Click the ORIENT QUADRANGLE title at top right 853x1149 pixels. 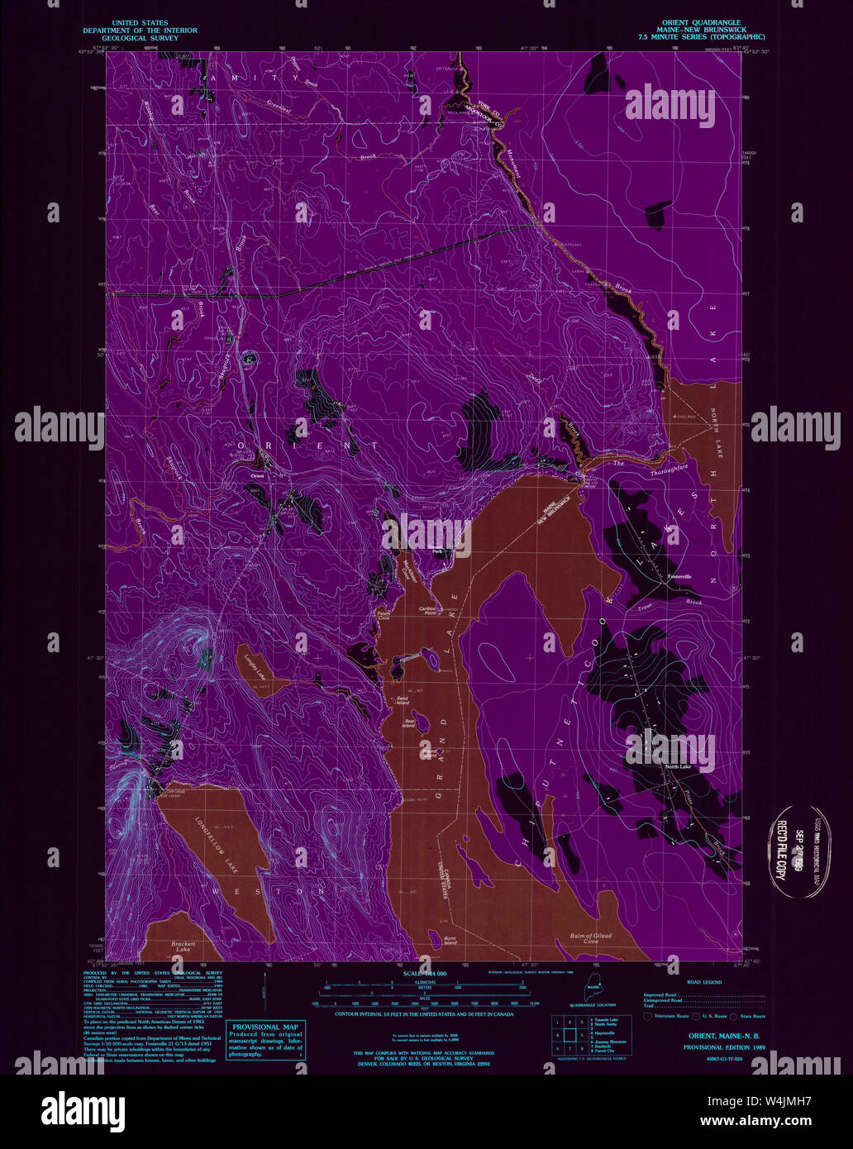(x=701, y=22)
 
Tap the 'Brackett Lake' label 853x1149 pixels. (x=183, y=947)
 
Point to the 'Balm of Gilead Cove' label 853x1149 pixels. (x=590, y=938)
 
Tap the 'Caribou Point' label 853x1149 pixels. (x=426, y=610)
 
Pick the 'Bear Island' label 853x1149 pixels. (x=408, y=724)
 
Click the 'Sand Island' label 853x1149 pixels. (x=403, y=700)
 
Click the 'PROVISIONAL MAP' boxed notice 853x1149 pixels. (x=266, y=1040)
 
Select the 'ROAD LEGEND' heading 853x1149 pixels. (x=703, y=982)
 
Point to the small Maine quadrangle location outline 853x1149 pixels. (x=593, y=987)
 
